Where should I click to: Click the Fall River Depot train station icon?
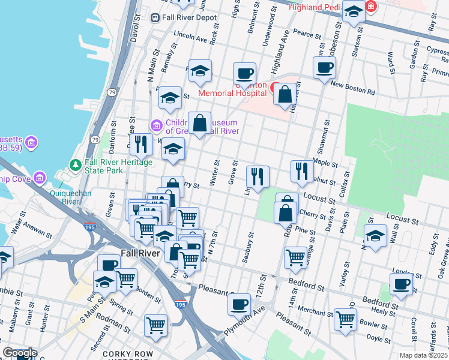point(155,18)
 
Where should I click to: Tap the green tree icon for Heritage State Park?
point(76,164)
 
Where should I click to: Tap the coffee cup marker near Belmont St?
point(244,74)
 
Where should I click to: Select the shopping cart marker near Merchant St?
point(345,319)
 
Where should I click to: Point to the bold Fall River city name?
point(140,253)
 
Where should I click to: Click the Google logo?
point(19,353)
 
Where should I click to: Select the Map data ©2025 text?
point(423,355)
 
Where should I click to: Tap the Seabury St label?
point(245,248)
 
